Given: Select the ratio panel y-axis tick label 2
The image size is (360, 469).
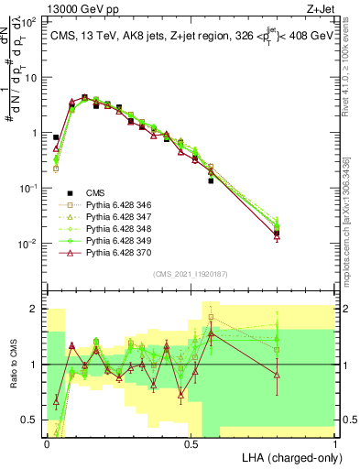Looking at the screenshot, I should (36, 309).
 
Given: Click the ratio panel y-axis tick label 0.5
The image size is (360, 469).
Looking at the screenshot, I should (31, 420).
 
